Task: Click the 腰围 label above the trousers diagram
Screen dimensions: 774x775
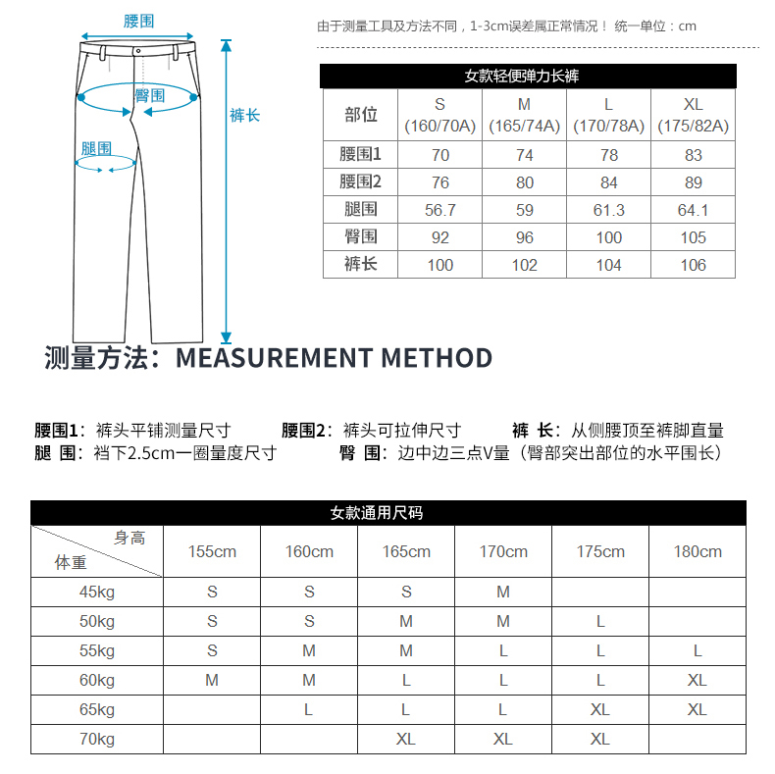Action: point(138,22)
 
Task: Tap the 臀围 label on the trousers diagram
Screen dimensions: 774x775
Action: point(149,95)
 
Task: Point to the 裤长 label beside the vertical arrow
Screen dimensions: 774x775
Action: point(244,116)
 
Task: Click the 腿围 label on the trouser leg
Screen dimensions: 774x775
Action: point(96,149)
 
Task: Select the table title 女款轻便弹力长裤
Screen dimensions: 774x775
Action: point(529,76)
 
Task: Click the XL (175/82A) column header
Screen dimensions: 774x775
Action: point(694,115)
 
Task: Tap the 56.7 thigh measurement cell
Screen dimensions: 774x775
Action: point(439,210)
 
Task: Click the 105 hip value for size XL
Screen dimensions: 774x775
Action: point(694,236)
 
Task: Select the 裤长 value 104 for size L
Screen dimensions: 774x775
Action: point(608,265)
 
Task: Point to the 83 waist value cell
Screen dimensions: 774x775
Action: point(694,155)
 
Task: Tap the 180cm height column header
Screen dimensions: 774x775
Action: point(697,551)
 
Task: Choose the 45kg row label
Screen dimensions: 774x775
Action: point(97,592)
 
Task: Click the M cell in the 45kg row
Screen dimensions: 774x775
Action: point(503,592)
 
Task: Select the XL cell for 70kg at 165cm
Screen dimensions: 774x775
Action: point(406,739)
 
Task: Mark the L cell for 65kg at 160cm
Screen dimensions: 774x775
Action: point(309,709)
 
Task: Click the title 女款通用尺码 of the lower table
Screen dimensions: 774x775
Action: point(389,513)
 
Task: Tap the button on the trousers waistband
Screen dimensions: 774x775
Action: point(138,50)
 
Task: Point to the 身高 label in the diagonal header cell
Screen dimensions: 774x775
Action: point(129,538)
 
